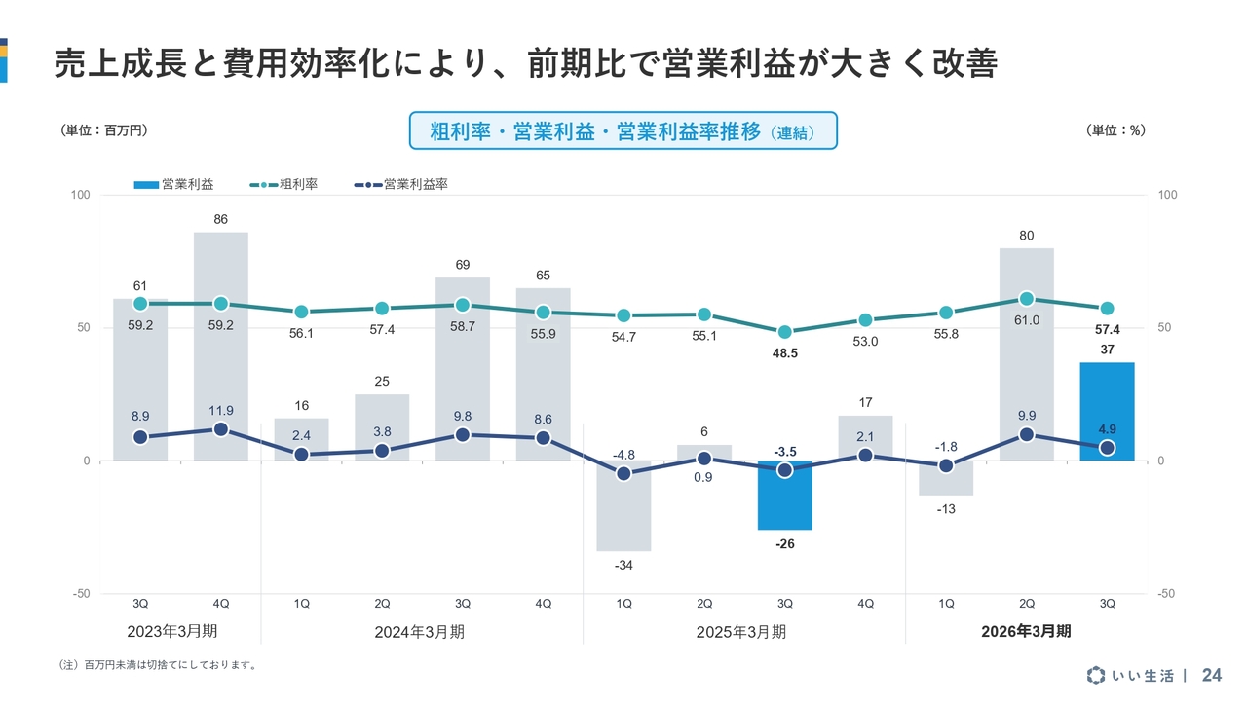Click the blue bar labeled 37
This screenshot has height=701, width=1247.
[1107, 411]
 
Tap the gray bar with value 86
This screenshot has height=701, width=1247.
[221, 346]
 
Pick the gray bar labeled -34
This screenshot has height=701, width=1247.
[623, 505]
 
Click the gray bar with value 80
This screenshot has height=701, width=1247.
[1027, 354]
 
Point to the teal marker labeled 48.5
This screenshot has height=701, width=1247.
[785, 332]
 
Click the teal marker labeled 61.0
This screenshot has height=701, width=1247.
[1027, 299]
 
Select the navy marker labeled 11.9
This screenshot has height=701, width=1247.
[221, 429]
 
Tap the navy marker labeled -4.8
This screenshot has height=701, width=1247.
[623, 474]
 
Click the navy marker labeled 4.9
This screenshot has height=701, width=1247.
[1107, 448]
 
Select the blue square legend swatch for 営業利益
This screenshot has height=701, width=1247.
[145, 184]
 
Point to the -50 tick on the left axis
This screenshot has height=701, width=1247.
[81, 594]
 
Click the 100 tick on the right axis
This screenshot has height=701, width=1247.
[1167, 195]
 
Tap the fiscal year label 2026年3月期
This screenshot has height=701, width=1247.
[1026, 631]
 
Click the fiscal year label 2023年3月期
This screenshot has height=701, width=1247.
[172, 631]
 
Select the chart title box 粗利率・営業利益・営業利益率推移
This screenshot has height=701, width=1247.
[623, 131]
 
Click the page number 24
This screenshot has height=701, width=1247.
[1212, 676]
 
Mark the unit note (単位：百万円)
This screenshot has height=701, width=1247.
[104, 130]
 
